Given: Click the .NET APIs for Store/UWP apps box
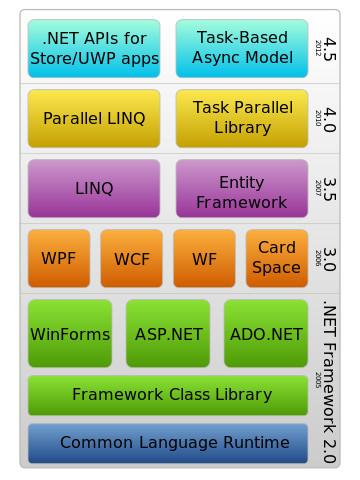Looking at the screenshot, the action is tap(94, 49).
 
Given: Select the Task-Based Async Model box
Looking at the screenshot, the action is tap(242, 49).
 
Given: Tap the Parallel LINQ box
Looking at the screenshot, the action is tap(94, 119).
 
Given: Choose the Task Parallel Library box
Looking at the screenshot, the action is tap(242, 119).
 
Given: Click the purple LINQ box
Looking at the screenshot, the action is tap(94, 189).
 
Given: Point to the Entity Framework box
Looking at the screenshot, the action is tap(242, 189).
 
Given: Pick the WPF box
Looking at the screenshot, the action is tap(59, 259).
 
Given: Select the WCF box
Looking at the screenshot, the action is tap(132, 259).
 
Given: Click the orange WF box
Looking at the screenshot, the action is tap(204, 259).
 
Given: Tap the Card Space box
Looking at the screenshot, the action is tap(277, 259).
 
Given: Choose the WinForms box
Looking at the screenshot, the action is tap(70, 334).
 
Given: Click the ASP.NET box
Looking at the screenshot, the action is tap(168, 334).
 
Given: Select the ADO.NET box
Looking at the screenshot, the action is tap(266, 334).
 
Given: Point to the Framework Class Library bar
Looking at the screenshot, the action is tap(168, 396).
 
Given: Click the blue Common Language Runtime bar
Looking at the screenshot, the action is tap(168, 444).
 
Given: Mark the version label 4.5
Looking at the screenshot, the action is tap(330, 49).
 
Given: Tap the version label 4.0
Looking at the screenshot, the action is tap(330, 119).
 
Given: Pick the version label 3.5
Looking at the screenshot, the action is tap(330, 189).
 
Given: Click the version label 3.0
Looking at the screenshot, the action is tap(330, 259).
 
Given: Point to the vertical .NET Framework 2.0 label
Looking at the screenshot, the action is tap(330, 382).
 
